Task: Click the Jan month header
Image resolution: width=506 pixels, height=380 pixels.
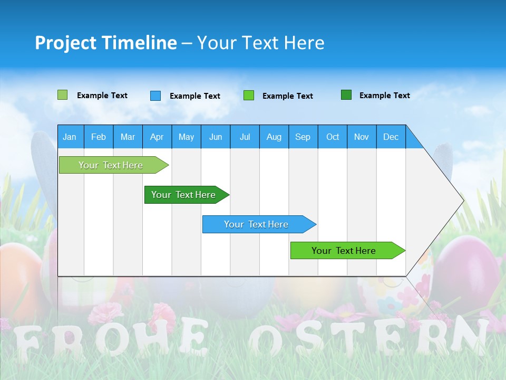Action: coord(70,137)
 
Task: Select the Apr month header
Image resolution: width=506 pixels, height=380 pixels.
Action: coord(157,137)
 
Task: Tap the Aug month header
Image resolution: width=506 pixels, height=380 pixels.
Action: coord(274,137)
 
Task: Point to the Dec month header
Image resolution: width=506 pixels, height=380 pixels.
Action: coord(391,137)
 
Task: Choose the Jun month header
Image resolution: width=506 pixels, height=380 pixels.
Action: coord(215,137)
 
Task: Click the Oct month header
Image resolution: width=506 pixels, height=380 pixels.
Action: coord(332,137)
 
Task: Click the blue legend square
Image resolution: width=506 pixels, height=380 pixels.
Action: coord(155,96)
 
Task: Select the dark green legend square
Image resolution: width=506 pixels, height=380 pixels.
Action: coord(346,95)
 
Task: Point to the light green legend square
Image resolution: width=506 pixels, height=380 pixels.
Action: coord(62,95)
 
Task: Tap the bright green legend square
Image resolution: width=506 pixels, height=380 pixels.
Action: coord(249,96)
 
